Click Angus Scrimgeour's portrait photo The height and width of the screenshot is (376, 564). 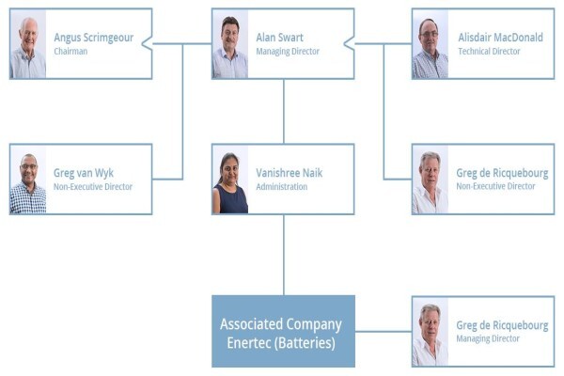pos(28,44)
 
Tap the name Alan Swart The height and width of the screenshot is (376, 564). pos(279,38)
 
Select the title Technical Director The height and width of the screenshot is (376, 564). pos(489,52)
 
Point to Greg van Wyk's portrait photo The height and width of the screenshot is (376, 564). pos(28,180)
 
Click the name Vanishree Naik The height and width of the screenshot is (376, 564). pos(290,173)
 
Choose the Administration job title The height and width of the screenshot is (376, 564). pos(282,187)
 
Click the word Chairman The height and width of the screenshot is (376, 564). pos(70,52)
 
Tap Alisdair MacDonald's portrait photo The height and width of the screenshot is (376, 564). pos(431,44)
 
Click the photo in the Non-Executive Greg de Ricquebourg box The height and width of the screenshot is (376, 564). pos(431,180)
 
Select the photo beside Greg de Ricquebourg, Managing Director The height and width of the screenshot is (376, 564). pos(431,332)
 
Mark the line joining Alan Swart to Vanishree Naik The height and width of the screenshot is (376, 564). pos(284,112)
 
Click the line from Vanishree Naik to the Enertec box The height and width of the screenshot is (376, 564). pos(284,255)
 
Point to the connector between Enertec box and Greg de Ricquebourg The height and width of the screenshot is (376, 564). pos(384,332)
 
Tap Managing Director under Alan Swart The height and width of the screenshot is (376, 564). pos(288,52)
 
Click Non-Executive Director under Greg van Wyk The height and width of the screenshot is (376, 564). pos(93,187)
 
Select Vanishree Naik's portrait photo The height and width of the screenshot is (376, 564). pos(230,180)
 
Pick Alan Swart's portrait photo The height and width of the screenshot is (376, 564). pos(230,44)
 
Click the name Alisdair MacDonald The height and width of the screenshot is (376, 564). pos(500,38)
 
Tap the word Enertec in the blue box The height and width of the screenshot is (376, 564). pos(248,343)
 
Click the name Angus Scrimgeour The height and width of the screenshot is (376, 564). pos(93,38)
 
